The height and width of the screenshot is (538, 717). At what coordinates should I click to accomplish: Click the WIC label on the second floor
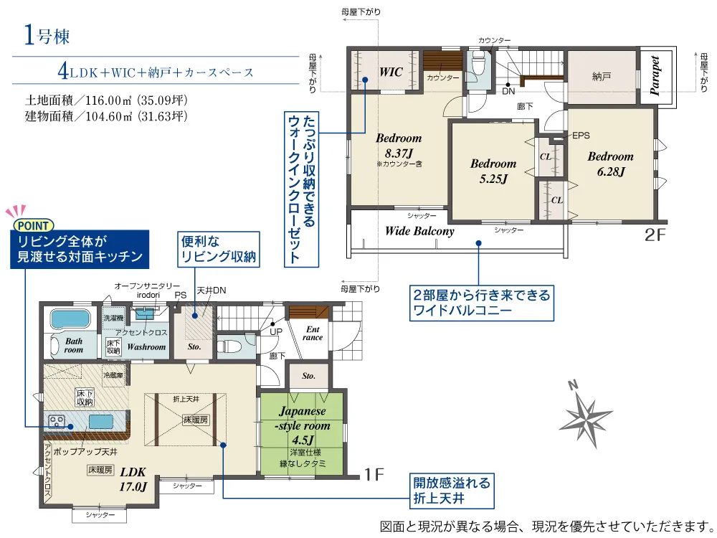(391, 72)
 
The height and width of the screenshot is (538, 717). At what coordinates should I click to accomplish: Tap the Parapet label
(655, 75)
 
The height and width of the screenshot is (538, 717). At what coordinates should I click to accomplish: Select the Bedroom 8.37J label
(399, 146)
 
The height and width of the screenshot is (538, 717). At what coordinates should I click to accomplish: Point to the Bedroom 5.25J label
(493, 171)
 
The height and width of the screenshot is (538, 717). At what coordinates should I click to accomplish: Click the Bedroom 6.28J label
(610, 164)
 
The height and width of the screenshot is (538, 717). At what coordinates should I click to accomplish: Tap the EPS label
(581, 136)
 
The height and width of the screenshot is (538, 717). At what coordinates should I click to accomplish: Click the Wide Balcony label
(419, 231)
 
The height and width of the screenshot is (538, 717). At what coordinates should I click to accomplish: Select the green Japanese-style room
(302, 433)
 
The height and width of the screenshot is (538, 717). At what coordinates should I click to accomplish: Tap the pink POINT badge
(34, 225)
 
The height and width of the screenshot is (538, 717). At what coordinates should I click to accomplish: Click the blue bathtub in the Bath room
(71, 319)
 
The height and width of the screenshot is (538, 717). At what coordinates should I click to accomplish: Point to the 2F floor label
(655, 235)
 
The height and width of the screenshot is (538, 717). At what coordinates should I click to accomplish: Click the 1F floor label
(374, 474)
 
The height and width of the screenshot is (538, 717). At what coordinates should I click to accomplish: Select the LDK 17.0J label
(133, 479)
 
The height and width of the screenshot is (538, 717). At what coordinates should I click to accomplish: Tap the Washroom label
(146, 346)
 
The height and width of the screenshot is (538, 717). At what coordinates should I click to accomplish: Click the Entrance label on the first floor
(313, 333)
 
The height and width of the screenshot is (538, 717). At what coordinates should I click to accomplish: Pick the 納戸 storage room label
(601, 77)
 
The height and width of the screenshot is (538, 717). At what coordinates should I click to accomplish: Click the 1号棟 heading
(47, 36)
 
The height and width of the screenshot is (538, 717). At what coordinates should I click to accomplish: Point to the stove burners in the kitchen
(57, 421)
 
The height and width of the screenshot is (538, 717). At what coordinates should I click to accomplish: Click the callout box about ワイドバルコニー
(482, 303)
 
